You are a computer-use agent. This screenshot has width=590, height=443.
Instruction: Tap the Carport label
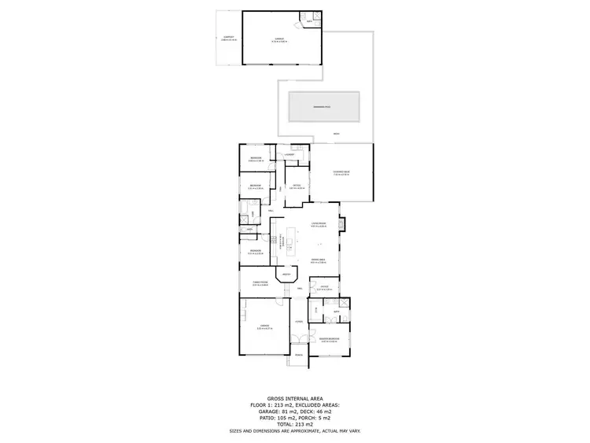click(x=228, y=37)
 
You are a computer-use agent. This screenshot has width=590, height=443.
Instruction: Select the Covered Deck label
click(x=341, y=172)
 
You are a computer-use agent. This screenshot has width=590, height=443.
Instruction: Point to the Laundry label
click(x=289, y=154)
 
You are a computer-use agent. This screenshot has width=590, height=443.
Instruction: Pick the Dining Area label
click(x=318, y=260)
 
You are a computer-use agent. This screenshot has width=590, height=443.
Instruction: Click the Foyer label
click(x=298, y=322)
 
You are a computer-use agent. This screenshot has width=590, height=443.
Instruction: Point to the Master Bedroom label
click(x=329, y=340)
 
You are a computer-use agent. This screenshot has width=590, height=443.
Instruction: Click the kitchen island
click(x=290, y=244)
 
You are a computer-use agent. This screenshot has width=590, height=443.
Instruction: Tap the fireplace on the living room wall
click(x=341, y=223)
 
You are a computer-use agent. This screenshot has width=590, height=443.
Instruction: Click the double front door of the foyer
click(x=298, y=340)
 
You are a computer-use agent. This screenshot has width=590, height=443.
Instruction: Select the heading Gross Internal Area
click(x=295, y=398)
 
